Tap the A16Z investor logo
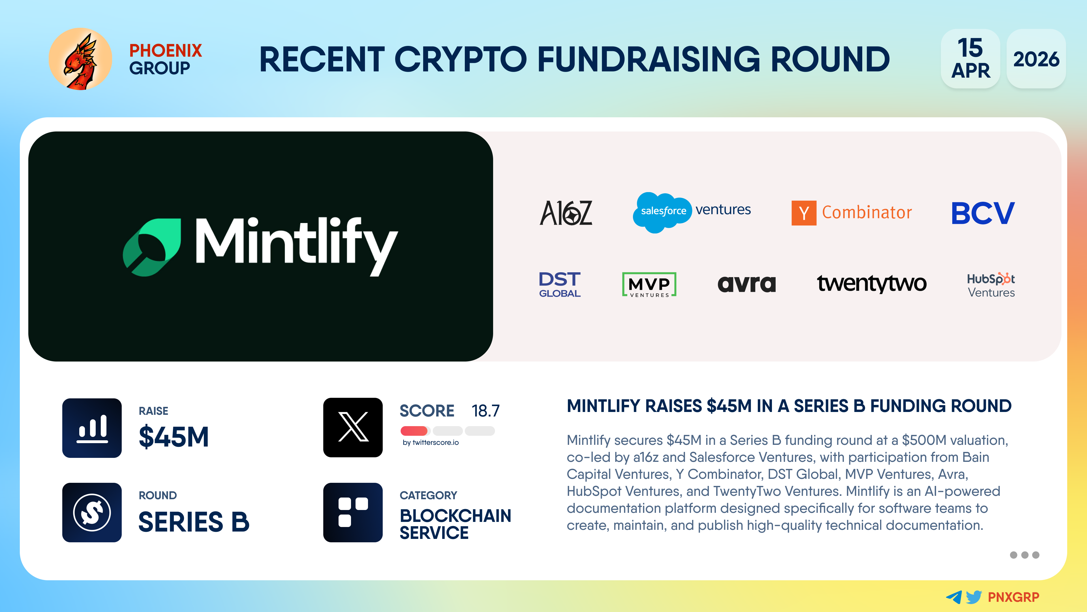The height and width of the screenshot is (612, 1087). [566, 213]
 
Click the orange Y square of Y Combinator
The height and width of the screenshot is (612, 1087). [804, 213]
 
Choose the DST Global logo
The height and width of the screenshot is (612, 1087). [560, 284]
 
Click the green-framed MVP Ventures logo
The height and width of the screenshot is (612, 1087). [649, 284]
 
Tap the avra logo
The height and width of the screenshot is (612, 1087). [746, 284]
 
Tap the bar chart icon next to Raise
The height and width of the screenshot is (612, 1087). [92, 428]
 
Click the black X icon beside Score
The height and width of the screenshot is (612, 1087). [353, 428]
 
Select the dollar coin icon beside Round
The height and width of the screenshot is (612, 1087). [92, 512]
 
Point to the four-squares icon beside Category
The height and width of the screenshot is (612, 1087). [353, 512]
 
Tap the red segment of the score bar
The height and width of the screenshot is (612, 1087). [415, 431]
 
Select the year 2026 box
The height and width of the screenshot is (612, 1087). [1036, 59]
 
